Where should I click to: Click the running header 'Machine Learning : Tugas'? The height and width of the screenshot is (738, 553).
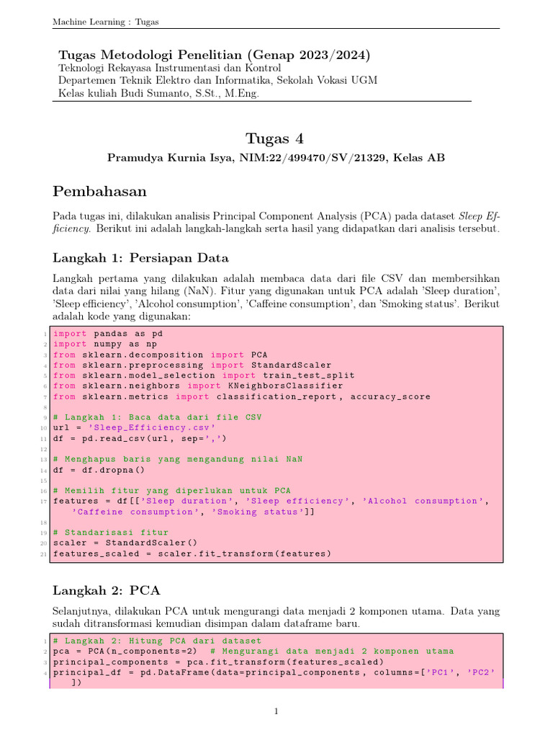pos(105,22)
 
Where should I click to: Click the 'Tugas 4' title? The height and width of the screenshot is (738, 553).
pos(276,138)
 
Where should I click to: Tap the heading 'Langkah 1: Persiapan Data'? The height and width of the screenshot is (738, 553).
pos(141,258)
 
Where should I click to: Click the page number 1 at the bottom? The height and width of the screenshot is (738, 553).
pos(276,712)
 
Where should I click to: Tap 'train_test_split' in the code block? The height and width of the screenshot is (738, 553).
pos(308,375)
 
